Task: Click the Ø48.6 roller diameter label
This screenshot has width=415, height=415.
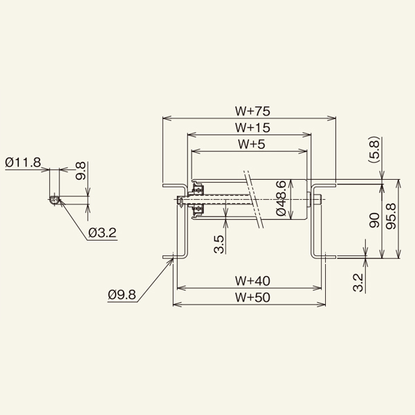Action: coord(281,199)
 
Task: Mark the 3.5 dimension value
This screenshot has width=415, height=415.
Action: coord(219,244)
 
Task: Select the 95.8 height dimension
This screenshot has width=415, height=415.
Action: coord(391,221)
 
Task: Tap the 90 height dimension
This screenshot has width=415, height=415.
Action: coord(374,221)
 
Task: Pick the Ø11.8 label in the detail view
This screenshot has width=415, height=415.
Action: coord(23,163)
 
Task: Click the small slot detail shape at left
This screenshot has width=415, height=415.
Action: coord(54,200)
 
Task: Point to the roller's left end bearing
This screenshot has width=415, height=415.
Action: coord(199,199)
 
